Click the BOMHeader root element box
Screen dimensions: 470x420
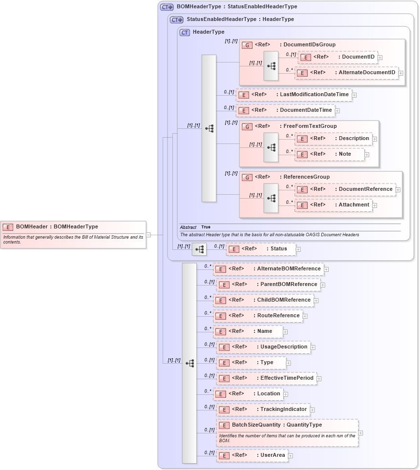tap(74, 234)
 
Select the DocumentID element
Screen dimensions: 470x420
tap(338, 57)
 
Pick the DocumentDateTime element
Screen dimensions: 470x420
tap(285, 110)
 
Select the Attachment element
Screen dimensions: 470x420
tap(334, 205)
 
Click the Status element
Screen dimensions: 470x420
tap(261, 249)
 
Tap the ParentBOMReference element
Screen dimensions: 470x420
tap(268, 285)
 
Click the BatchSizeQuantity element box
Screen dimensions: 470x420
tap(288, 432)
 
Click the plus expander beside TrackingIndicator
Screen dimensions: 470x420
tap(313, 410)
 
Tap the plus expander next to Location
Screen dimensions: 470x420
tap(286, 394)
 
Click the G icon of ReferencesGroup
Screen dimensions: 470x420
tap(248, 177)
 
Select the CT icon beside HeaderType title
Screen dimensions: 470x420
tap(185, 33)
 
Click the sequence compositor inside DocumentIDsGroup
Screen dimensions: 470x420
tap(271, 65)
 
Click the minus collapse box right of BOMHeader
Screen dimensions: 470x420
tap(148, 235)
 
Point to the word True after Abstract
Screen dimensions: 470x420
tap(206, 227)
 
